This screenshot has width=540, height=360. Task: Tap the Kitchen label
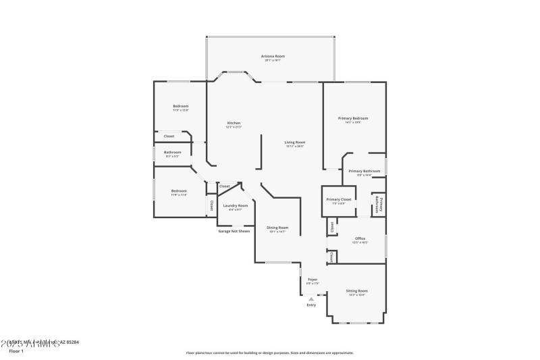pos(233,123)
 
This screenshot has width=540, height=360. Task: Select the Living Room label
pos(294,142)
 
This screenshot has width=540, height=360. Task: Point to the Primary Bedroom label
pos(353,118)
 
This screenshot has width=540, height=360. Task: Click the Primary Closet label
pos(338,199)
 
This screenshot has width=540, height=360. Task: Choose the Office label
pos(360,238)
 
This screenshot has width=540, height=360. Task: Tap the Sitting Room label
pos(356,290)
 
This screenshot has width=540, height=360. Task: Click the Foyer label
pos(313,279)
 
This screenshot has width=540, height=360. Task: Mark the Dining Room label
pos(277,228)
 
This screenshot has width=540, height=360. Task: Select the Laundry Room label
pos(236,205)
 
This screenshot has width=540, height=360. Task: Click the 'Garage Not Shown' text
pos(234,231)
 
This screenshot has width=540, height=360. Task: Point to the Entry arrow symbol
pos(311,298)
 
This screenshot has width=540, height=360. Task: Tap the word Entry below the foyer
pos(311,305)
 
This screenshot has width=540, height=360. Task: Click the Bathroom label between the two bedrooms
pos(172,152)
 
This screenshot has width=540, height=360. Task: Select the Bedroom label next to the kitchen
pos(180,106)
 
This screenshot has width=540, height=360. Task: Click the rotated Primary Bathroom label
pos(379,205)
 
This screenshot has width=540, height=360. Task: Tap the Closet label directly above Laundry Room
pos(224,186)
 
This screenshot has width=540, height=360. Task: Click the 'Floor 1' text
pos(16,351)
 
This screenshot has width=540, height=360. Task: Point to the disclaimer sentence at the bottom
pos(269,353)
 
